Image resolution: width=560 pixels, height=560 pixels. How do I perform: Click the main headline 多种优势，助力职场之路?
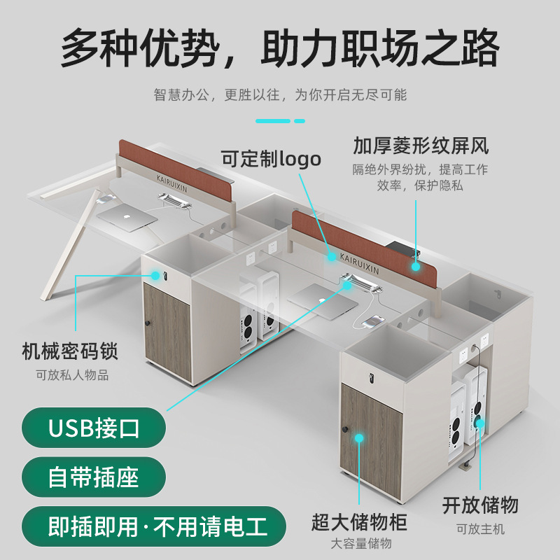tap(280, 47)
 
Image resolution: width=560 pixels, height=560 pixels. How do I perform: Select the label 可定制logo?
tap(271, 159)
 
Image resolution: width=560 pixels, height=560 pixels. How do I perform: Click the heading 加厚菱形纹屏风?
tap(420, 146)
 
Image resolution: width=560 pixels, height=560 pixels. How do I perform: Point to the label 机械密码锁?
tap(70, 351)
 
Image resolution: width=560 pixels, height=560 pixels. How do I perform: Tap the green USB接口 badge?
tap(94, 427)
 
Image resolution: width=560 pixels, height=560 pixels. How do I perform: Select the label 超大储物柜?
tap(360, 521)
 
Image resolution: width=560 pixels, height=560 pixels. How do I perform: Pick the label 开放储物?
tap(480, 505)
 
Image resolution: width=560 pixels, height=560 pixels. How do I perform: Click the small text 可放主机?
tap(480, 529)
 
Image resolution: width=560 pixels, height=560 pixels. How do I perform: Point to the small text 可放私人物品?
tap(73, 375)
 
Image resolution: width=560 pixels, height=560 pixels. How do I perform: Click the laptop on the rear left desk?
tap(127, 216)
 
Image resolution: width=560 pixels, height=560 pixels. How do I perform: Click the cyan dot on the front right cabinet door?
tap(359, 438)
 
